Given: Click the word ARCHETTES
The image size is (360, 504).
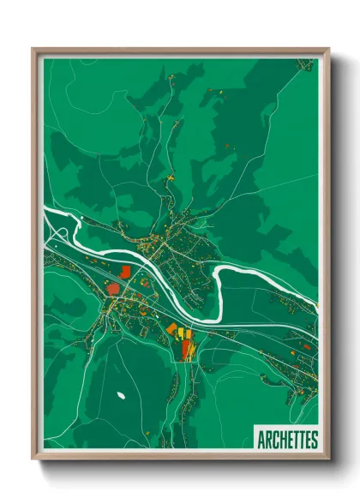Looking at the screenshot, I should tap(287, 440).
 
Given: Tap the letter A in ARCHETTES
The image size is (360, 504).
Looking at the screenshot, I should tap(261, 440).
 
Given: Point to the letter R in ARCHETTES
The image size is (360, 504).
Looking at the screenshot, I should tap(267, 440).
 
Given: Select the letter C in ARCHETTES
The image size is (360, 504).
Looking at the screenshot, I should tap(274, 440).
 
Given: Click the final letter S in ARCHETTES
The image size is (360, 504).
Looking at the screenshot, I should tap(315, 440).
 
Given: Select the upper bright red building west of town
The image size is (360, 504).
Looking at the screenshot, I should tap(125, 271).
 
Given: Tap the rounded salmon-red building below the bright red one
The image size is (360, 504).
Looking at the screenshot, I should tap(112, 288).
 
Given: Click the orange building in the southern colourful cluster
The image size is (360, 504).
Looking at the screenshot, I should tap(171, 328).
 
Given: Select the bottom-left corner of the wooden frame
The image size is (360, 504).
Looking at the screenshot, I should tap(33, 459).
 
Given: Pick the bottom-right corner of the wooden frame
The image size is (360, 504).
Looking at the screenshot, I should tap(328, 459).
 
